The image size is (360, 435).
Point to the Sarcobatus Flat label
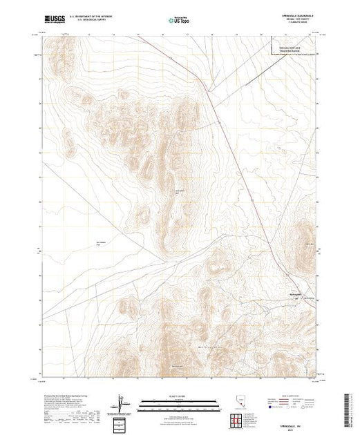(102, 244)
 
